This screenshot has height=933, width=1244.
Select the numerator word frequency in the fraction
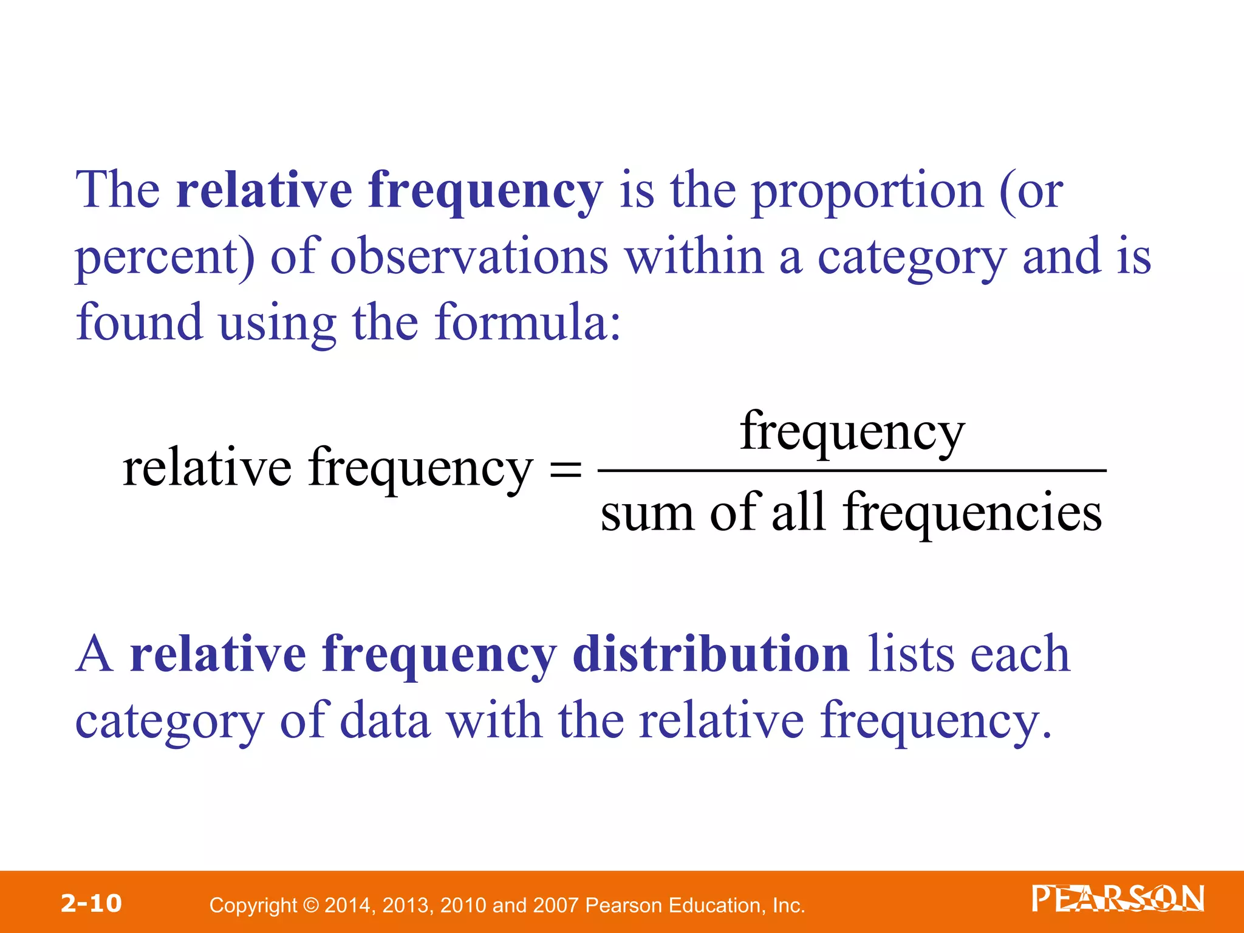coord(852,432)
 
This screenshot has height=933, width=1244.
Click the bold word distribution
coord(711,655)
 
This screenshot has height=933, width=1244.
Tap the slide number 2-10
coord(91,903)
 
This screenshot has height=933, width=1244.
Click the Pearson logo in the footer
coord(1117,899)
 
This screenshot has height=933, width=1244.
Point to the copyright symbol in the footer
coord(310,906)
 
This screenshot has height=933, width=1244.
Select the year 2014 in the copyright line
coord(349,906)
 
